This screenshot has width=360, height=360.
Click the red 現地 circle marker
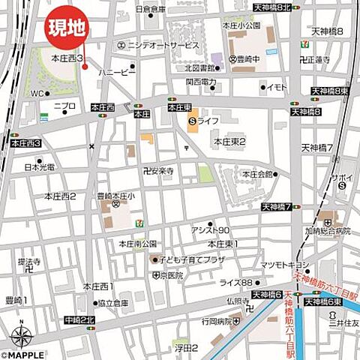coord(67,29)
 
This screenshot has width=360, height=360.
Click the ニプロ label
coord(64,106)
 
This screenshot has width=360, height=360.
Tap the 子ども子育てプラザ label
coord(190,259)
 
